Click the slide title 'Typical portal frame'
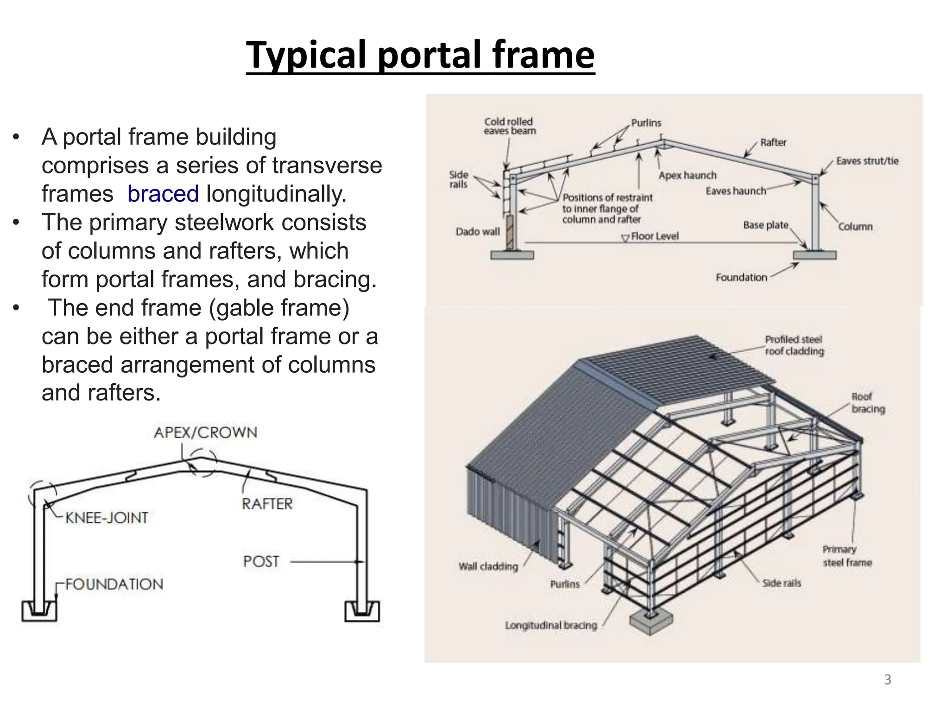pos(420,55)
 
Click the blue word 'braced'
pos(163,194)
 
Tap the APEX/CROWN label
pos(205,432)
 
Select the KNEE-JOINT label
pos(107,518)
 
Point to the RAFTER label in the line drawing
pos(267,504)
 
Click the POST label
pos(261,561)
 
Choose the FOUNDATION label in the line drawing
pos(114,584)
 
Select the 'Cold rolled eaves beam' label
pos(509,126)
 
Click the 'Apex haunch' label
pos(687,175)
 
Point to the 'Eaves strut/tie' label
pos(867,161)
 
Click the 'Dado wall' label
pos(477,231)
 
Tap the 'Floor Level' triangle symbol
pos(625,238)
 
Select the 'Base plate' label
pos(766,225)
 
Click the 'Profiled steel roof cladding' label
pos(794,345)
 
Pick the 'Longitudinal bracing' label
pos(550,625)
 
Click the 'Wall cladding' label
pos(488,566)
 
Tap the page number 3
pos(887,680)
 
